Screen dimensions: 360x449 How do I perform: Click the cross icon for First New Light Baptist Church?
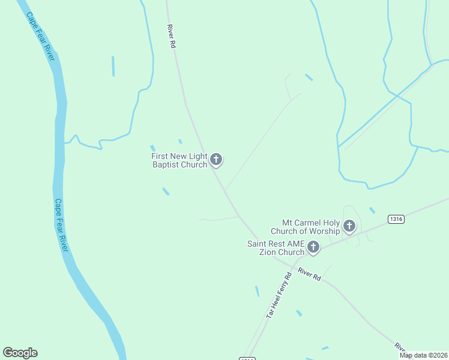coord(217,160)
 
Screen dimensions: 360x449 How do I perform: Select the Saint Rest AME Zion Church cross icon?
coord(313,247)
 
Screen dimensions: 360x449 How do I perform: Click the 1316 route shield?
coord(396,219)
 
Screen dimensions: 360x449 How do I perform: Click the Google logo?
coord(20,353)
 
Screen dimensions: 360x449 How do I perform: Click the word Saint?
coord(258,244)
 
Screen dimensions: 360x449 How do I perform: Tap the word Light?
coord(197,157)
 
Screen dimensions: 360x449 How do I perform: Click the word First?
coord(161,157)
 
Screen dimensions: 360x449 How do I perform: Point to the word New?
coord(181,157)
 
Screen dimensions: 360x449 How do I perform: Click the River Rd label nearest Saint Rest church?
coord(310,275)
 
